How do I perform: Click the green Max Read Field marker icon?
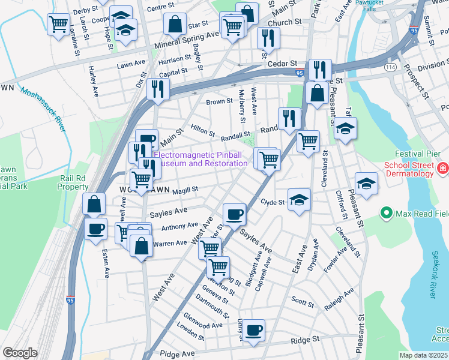pyautogui.click(x=385, y=213)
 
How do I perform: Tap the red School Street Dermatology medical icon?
pyautogui.click(x=442, y=169)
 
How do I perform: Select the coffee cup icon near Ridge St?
pyautogui.click(x=253, y=329)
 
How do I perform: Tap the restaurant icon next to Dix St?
pyautogui.click(x=158, y=88)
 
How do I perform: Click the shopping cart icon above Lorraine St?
pyautogui.click(x=58, y=24)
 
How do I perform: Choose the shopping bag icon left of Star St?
pyautogui.click(x=174, y=24)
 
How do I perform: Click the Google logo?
pyautogui.click(x=20, y=353)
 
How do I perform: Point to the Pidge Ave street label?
pyautogui.click(x=175, y=355)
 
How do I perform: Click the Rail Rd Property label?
pyautogui.click(x=74, y=182)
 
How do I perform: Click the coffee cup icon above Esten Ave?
pyautogui.click(x=95, y=228)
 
